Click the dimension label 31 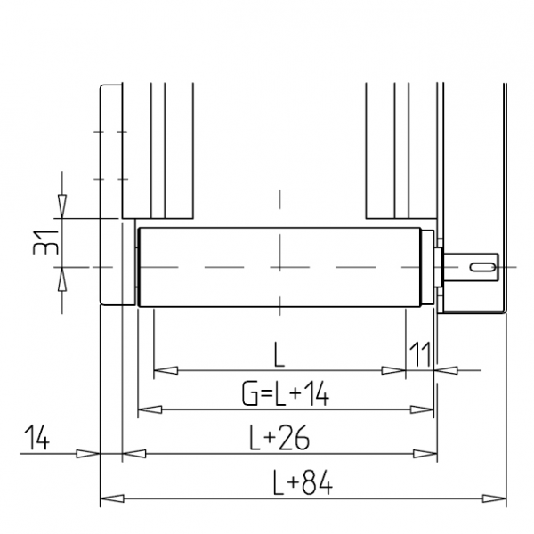point(45,243)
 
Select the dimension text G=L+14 point(286,393)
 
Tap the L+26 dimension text point(279,438)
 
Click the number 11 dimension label point(420,354)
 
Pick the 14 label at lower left point(36,438)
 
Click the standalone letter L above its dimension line point(279,354)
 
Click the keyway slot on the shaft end point(482,267)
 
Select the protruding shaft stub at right point(470,267)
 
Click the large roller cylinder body point(279,267)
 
